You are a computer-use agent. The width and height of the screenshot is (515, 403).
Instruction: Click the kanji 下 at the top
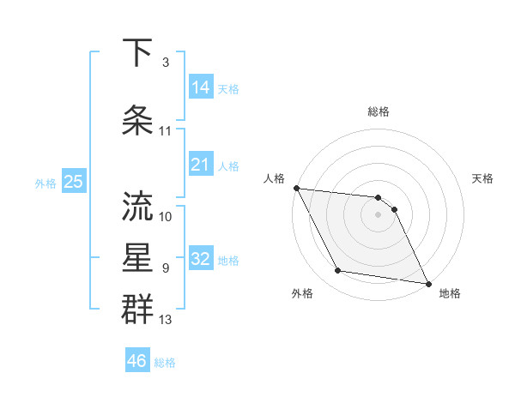tap(138, 53)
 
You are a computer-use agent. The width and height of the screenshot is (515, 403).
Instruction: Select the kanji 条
tap(138, 121)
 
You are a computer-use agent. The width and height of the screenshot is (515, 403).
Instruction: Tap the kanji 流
tap(138, 207)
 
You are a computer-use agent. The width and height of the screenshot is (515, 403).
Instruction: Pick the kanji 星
tap(138, 258)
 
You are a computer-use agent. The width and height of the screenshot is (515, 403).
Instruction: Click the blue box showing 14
tap(201, 87)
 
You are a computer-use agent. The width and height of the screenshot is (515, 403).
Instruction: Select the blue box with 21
tap(201, 165)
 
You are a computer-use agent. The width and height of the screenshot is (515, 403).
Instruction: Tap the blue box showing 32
tap(201, 259)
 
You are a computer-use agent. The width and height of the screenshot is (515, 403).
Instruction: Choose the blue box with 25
tap(73, 182)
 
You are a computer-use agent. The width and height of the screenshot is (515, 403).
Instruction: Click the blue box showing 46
tap(137, 361)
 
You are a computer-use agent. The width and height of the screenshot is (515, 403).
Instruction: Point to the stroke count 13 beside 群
tap(166, 321)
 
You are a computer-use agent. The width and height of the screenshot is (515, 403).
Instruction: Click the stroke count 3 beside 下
tap(166, 63)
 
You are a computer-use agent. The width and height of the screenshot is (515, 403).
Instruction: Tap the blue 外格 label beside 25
tap(45, 183)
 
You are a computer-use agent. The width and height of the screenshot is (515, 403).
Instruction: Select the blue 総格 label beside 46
tap(165, 363)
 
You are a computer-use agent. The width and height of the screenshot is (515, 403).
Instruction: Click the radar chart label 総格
tap(378, 111)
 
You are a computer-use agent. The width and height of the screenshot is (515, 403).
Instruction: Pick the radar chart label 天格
tap(482, 178)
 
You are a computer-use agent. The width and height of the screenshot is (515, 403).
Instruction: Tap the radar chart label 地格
tap(450, 293)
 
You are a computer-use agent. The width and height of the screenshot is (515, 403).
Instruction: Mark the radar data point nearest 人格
tap(296, 188)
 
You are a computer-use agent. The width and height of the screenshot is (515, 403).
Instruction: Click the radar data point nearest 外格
tap(337, 271)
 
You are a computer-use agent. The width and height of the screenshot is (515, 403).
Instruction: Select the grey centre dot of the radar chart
tap(378, 214)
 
